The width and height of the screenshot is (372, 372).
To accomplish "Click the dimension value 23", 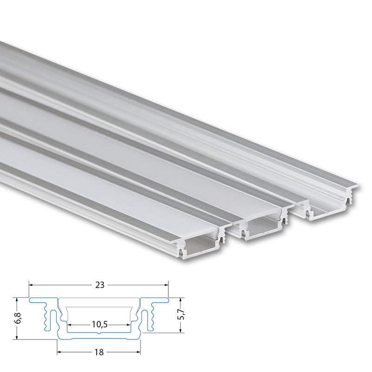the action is [x=100, y=285].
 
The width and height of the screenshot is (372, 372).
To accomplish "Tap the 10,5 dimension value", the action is [x=99, y=324].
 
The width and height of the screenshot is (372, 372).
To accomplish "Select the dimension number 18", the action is [x=99, y=352].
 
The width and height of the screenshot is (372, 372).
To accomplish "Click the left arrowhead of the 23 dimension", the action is [x=31, y=285].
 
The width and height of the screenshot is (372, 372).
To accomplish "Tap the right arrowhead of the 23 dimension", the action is [x=166, y=285].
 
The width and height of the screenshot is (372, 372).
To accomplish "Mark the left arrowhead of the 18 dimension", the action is [x=60, y=352].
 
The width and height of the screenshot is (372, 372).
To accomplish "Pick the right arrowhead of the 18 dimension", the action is [x=138, y=352].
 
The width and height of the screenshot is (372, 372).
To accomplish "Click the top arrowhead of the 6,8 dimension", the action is [x=17, y=300].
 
